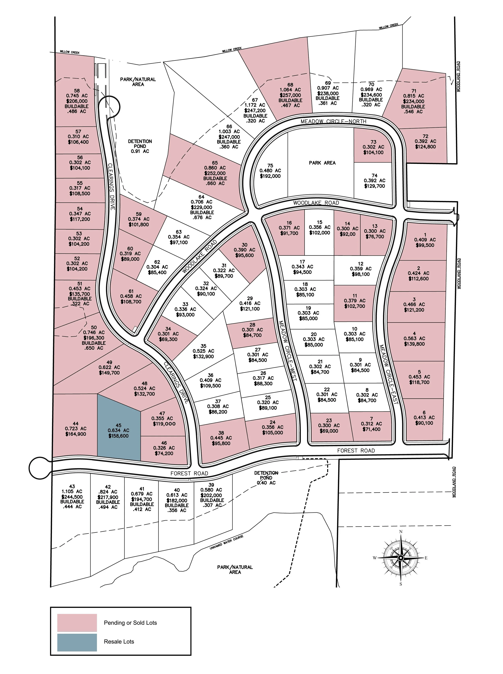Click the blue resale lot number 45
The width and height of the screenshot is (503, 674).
(119, 425)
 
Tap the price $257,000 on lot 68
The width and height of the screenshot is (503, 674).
(290, 95)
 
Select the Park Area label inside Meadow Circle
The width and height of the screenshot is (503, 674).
(322, 163)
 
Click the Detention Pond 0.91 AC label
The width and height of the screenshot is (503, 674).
(140, 146)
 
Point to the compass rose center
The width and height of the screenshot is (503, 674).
(401, 558)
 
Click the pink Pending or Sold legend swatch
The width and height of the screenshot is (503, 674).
(77, 622)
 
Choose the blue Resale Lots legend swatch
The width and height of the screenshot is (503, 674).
(77, 642)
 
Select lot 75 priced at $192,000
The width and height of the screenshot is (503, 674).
(270, 171)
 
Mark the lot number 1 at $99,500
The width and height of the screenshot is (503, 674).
(425, 235)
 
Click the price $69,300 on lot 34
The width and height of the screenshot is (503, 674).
(168, 339)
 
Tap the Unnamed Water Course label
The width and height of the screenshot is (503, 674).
(227, 543)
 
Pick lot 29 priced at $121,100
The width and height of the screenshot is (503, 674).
(250, 303)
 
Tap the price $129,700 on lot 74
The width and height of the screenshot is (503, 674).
(374, 186)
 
